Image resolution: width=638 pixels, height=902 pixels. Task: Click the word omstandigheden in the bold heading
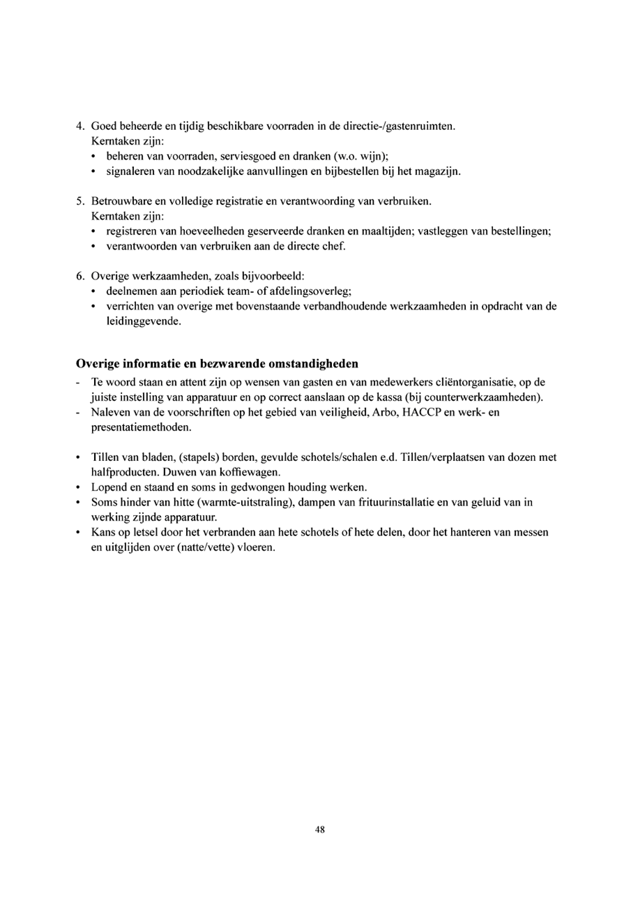(x=313, y=364)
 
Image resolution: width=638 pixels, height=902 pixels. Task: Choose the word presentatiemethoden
(x=141, y=427)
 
